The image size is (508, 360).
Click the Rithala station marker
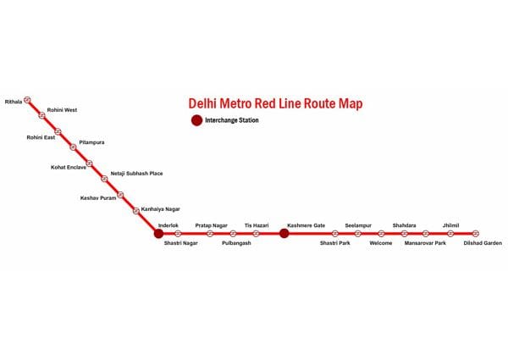coord(28,100)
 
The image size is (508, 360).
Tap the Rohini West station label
coord(62,110)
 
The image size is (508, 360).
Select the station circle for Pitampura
coord(73,147)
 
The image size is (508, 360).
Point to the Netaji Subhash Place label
coord(136,174)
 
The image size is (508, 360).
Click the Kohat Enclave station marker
coord(90,163)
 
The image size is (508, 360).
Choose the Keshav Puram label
coord(98,198)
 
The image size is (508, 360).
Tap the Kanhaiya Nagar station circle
coord(136,211)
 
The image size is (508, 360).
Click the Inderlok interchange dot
coord(159,233)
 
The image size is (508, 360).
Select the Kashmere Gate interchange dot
coord(284,233)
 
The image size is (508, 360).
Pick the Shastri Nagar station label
coord(181,243)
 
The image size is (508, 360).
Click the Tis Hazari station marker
coord(256,233)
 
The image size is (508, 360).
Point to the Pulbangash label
coord(236,243)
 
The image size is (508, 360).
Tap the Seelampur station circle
coord(357,233)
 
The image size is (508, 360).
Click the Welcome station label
coord(381,243)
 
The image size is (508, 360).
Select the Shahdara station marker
coord(405,233)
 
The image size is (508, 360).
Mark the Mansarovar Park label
coord(425,243)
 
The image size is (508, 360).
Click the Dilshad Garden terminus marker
coord(475,233)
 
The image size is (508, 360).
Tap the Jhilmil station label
coord(450,225)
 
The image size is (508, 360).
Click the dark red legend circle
coord(196,120)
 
